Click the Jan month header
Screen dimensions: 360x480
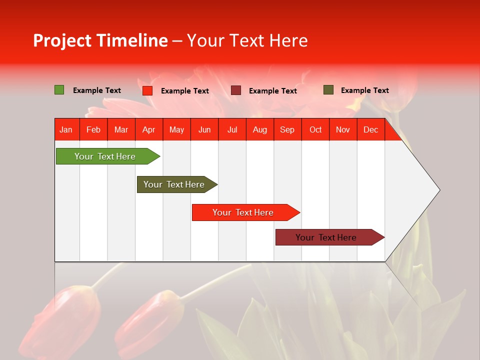point(66,130)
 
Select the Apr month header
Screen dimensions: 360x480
point(149,130)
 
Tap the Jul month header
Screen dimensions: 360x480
point(232,130)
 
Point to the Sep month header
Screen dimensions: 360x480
point(287,130)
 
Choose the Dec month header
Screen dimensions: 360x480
point(370,130)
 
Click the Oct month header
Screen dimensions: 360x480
point(315,130)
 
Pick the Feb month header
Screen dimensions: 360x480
point(93,130)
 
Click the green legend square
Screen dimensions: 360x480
point(59,90)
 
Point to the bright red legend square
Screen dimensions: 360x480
point(147,90)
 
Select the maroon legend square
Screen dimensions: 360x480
point(236,90)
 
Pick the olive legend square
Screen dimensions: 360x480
point(328,90)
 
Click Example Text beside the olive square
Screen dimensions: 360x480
point(364,90)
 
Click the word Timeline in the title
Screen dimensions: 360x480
point(132,40)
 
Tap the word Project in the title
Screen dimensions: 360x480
point(62,40)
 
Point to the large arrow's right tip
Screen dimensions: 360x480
point(438,190)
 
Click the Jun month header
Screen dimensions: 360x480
point(204,130)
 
